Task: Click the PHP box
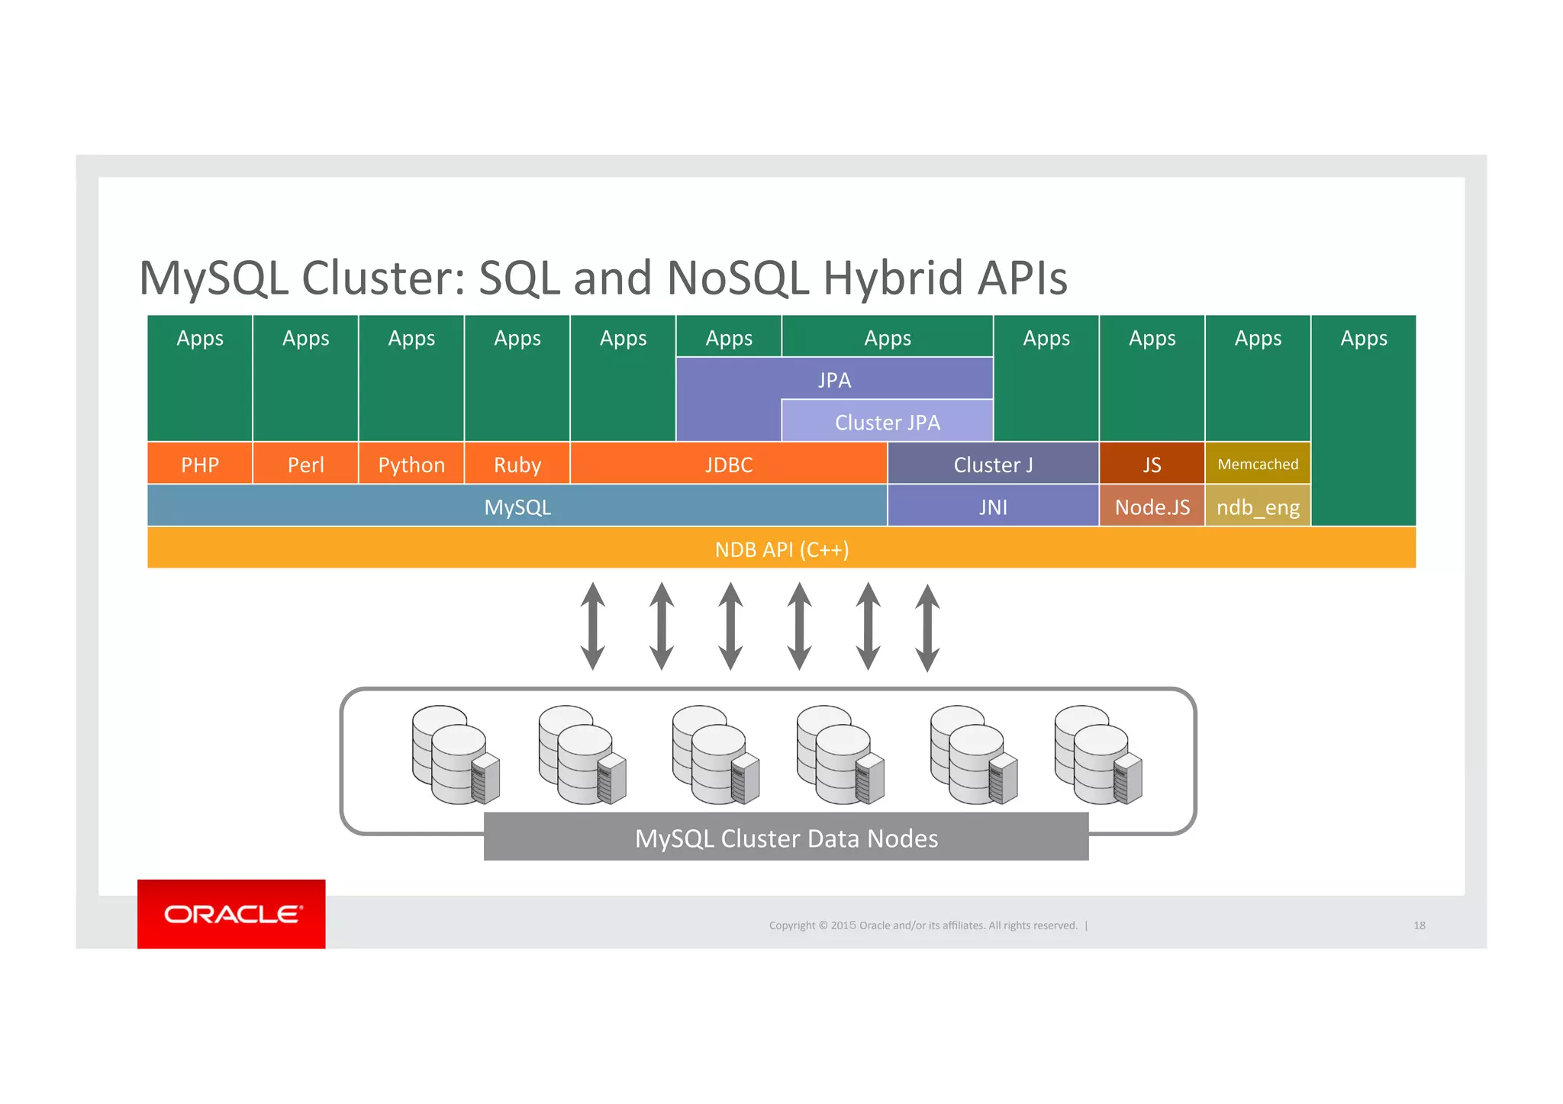coord(199,464)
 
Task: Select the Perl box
coord(305,464)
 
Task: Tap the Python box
coord(411,464)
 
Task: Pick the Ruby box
coord(517,464)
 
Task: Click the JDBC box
coord(728,464)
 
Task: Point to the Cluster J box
coord(992,464)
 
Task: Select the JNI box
coord(992,507)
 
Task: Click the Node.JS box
coord(1152,507)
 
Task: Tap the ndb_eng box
coord(1257,507)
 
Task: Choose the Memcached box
coord(1257,464)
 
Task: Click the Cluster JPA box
coord(887,422)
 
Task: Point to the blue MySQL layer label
coord(517,507)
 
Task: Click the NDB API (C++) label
coord(781,549)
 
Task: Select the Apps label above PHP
coord(199,338)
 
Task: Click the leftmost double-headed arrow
coord(593,626)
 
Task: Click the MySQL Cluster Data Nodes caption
coord(786,838)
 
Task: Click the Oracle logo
coord(231,914)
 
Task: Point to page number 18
coord(1419,925)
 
